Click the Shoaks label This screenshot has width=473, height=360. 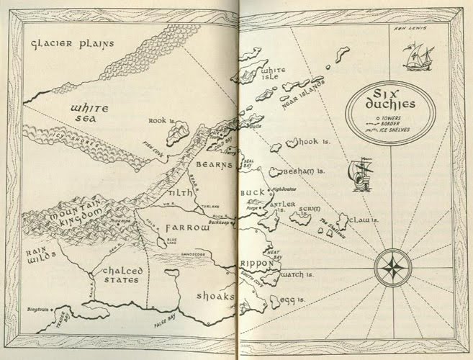215,296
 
